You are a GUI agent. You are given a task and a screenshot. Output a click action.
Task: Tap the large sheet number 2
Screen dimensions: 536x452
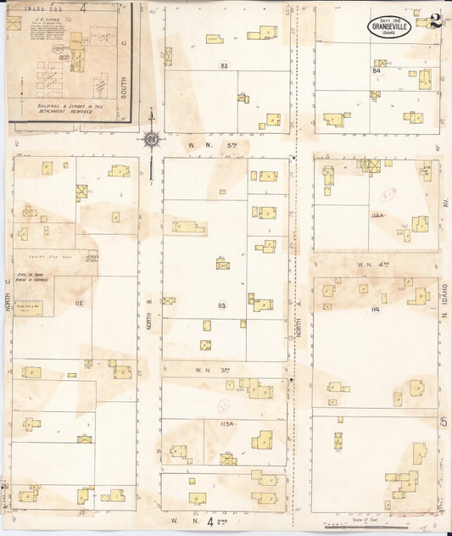pos(434,21)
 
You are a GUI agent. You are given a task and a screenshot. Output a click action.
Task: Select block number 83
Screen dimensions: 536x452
pos(224,65)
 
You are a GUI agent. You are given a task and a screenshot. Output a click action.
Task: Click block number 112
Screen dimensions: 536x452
pos(79,303)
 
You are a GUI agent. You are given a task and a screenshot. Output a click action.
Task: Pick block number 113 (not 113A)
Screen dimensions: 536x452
pos(223,304)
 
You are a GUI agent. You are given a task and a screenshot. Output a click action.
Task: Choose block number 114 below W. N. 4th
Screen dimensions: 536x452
pos(375,310)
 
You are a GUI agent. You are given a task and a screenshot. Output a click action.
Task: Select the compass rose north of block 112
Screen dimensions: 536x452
pos(151,138)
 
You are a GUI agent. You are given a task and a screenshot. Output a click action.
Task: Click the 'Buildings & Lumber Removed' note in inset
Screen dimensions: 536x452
pos(66,109)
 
